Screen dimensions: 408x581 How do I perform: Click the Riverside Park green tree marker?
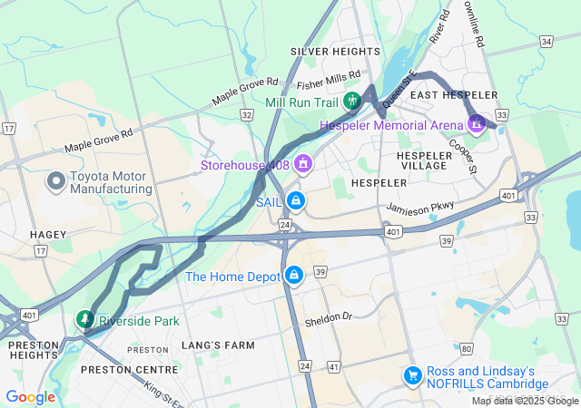point(84,319)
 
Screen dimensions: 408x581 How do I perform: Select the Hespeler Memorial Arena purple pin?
point(476,121)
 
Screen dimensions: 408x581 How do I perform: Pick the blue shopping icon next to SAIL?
point(294,200)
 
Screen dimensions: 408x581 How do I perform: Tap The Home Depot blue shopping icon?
point(293,275)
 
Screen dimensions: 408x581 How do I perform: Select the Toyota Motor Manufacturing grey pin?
point(55,180)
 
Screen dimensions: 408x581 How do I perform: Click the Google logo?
point(30,396)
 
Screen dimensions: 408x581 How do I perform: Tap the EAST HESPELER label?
point(454,95)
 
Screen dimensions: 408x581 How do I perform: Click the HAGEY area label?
point(48,234)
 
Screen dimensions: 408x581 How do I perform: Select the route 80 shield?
point(466,348)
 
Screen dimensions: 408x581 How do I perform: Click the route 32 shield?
point(246,115)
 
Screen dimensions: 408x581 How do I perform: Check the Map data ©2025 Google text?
point(525,401)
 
